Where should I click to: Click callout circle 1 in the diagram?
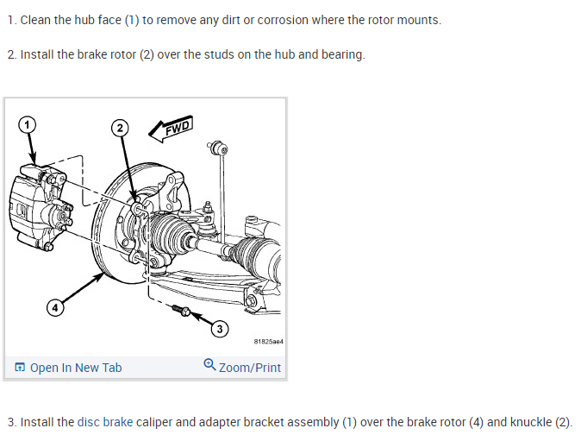[28, 124]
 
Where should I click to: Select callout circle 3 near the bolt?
[219, 328]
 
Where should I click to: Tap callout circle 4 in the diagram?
[54, 306]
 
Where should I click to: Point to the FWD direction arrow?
[171, 128]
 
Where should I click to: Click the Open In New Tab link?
[76, 368]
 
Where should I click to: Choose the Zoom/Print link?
[250, 368]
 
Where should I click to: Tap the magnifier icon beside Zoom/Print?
[209, 365]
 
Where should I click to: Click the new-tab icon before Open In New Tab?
[20, 368]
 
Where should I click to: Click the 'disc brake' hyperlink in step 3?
[105, 422]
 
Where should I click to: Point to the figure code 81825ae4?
[268, 342]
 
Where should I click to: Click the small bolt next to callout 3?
[181, 309]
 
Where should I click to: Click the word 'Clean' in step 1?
[36, 20]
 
